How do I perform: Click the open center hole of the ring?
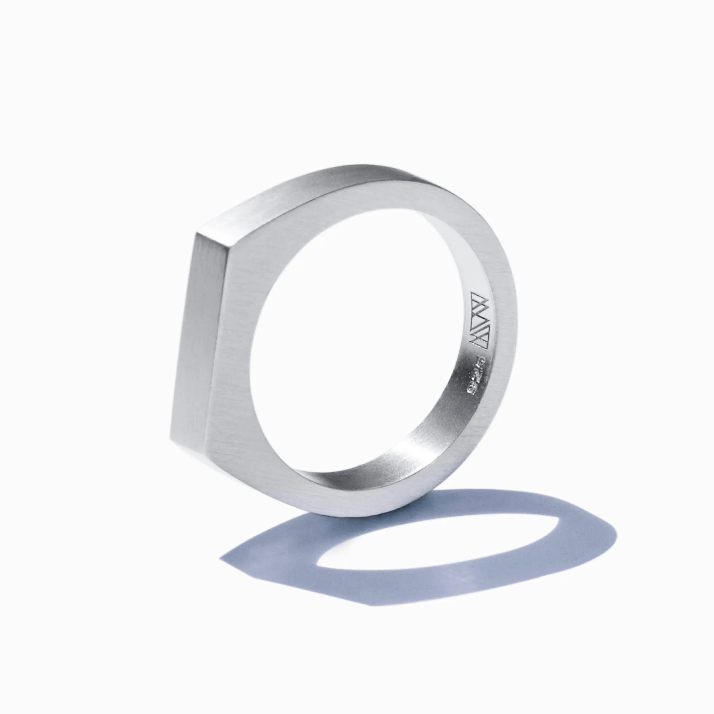pos(355,351)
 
